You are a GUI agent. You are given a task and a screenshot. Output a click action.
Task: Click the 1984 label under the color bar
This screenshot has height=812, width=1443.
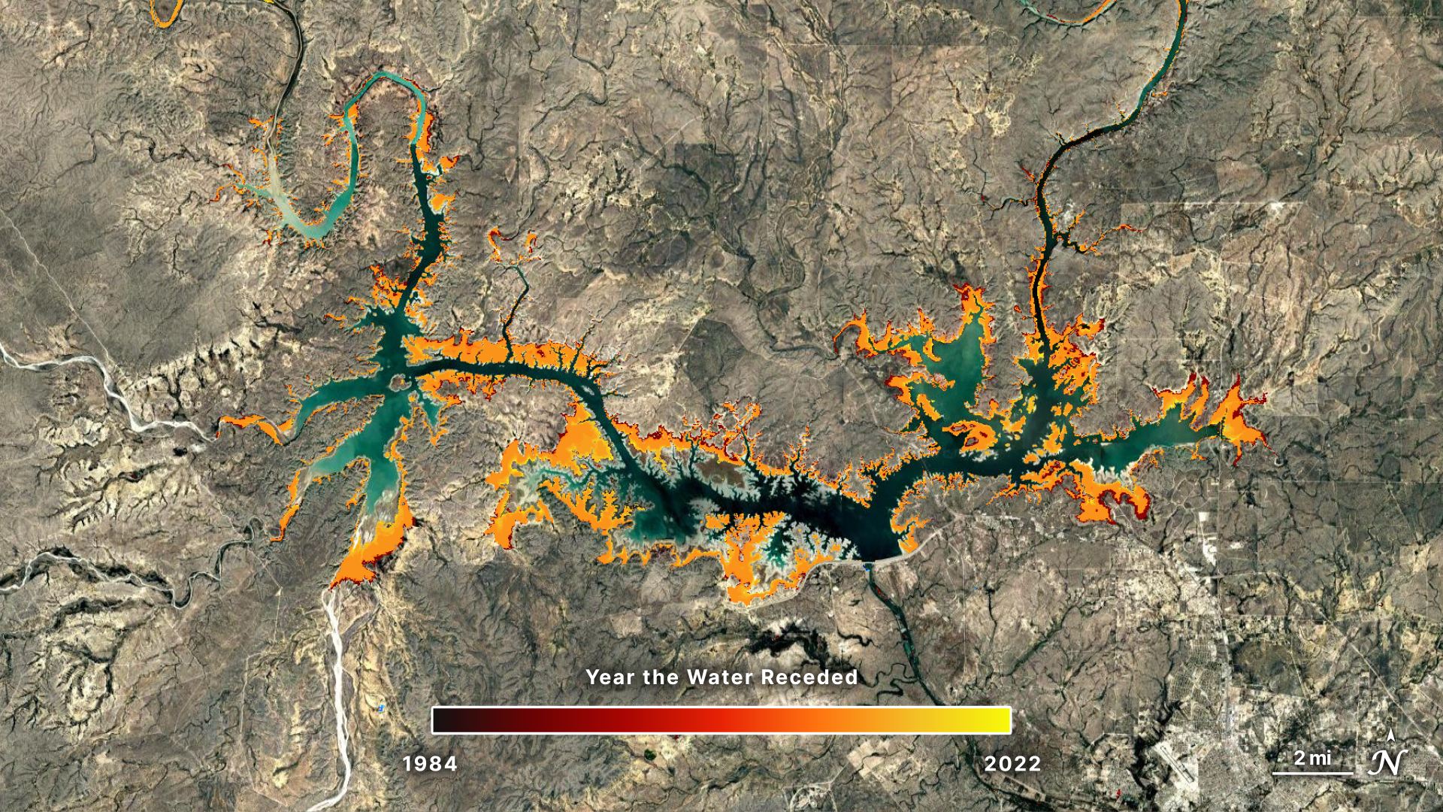coord(430,764)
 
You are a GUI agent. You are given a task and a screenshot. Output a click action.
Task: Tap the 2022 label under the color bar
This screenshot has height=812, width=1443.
coord(1012,764)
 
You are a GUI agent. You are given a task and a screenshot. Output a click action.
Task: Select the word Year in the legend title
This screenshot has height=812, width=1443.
coord(610,677)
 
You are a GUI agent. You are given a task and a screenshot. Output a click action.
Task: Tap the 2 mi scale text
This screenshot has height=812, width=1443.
coord(1312,758)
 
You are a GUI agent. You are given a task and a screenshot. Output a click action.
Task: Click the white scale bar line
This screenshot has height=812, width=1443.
coord(1312,773)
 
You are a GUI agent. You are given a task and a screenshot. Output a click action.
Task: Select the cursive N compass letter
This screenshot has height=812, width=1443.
coord(1387,762)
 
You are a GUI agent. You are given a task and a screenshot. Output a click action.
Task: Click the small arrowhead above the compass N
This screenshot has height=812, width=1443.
coord(1390,735)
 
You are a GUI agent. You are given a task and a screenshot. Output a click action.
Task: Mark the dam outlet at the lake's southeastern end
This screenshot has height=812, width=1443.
coord(869,565)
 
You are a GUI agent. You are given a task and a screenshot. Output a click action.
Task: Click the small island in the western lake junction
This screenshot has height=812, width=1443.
coord(396,383)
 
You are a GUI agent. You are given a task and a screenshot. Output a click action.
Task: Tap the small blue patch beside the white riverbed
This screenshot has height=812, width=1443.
coord(382,708)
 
